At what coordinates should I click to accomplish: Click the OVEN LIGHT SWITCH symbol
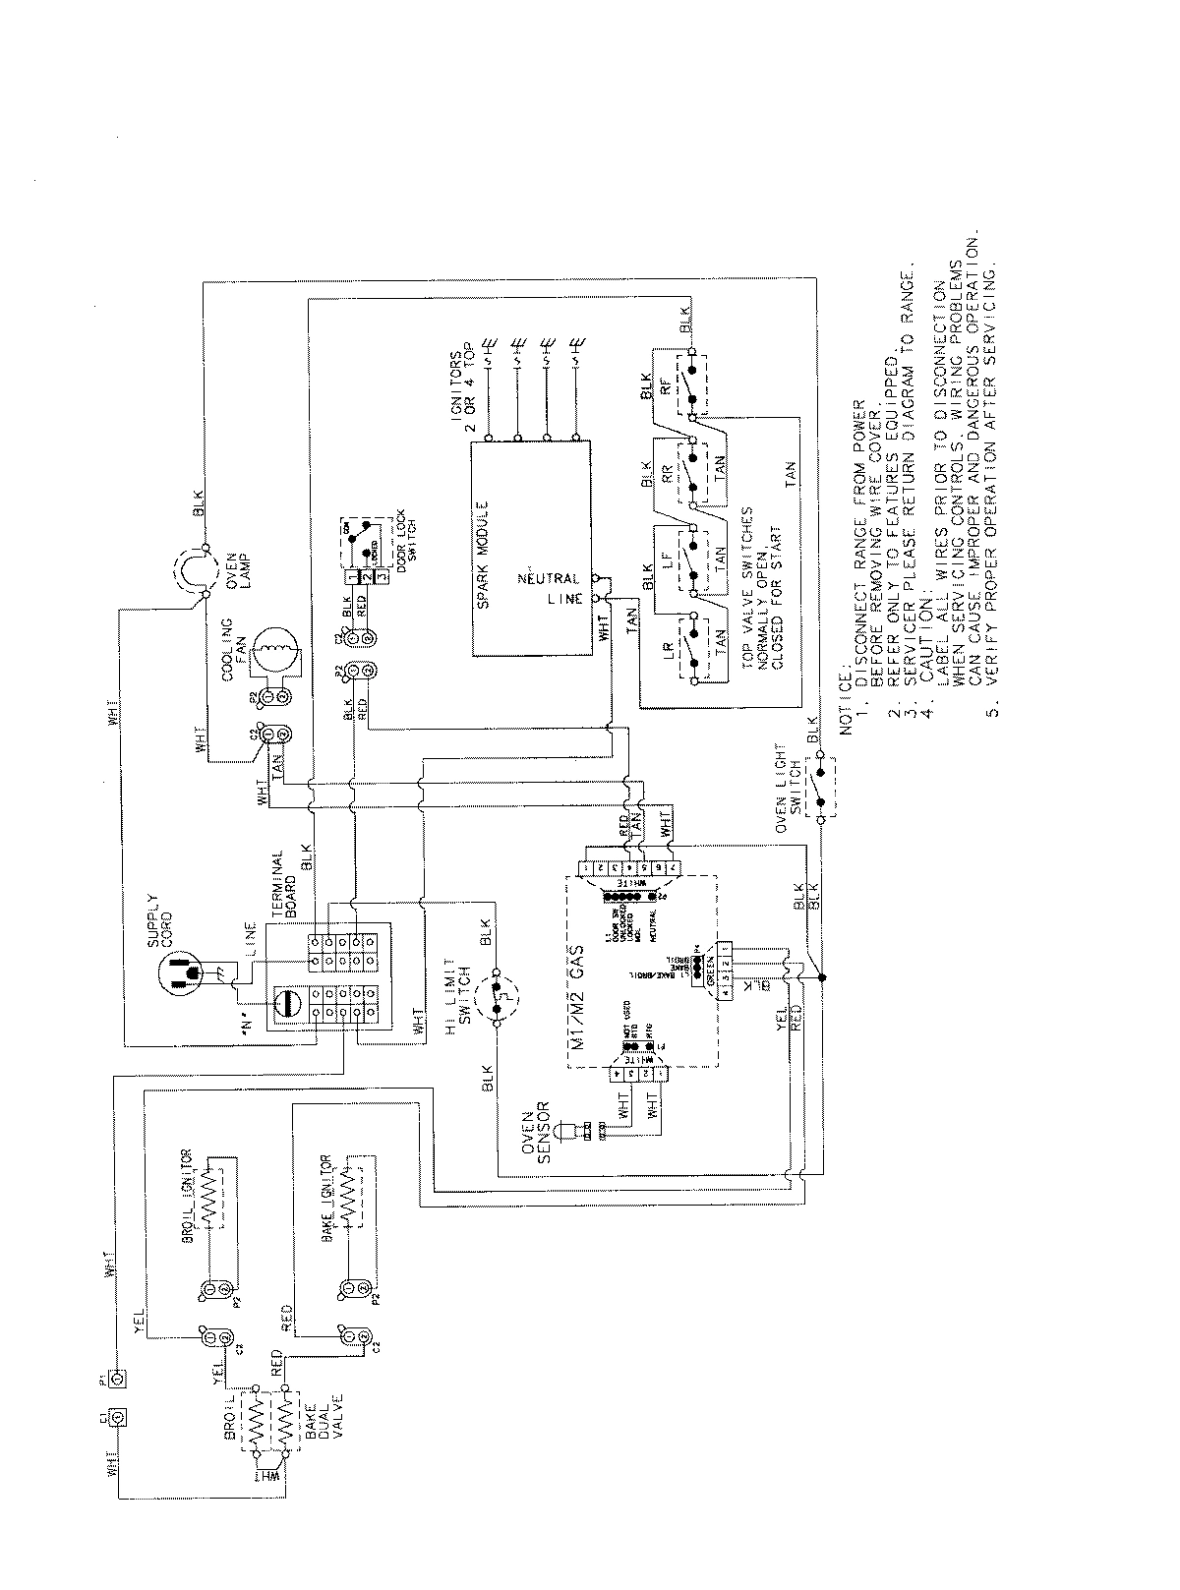(x=818, y=788)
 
